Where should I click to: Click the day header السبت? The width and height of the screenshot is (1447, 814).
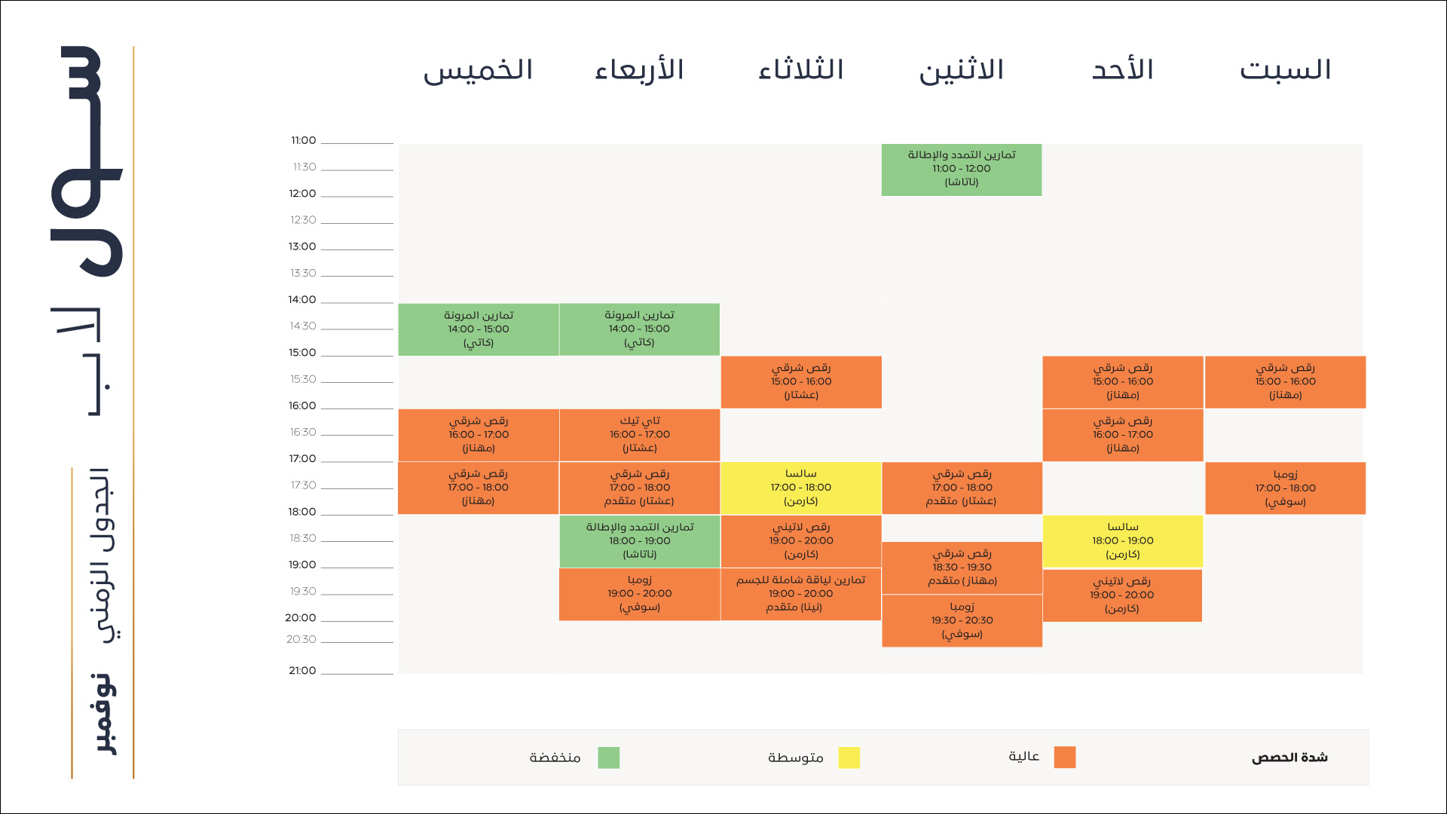pyautogui.click(x=1285, y=70)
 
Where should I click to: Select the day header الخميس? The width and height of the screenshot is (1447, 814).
pyautogui.click(x=478, y=70)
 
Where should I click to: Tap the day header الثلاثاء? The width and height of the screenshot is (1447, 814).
pyautogui.click(x=800, y=70)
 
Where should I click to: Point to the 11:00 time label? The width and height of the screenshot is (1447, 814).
pyautogui.click(x=303, y=140)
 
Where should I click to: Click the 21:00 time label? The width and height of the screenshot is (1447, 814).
pyautogui.click(x=302, y=670)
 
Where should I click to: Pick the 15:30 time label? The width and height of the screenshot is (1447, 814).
pyautogui.click(x=303, y=379)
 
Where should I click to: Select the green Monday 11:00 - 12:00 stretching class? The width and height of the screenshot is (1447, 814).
pyautogui.click(x=962, y=169)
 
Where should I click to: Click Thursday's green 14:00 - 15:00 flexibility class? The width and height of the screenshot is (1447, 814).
pyautogui.click(x=479, y=329)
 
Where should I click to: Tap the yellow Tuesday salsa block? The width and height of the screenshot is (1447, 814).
pyautogui.click(x=800, y=488)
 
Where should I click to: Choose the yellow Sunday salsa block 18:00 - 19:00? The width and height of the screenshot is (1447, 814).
pyautogui.click(x=1122, y=541)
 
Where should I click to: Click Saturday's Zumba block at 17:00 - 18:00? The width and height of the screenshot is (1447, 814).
pyautogui.click(x=1285, y=488)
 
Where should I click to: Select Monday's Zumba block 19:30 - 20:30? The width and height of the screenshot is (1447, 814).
pyautogui.click(x=962, y=620)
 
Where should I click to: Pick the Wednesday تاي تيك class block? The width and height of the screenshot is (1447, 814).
pyautogui.click(x=639, y=435)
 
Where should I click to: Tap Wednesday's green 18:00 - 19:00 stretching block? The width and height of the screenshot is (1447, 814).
pyautogui.click(x=639, y=541)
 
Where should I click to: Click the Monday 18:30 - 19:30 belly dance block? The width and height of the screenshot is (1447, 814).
pyautogui.click(x=962, y=568)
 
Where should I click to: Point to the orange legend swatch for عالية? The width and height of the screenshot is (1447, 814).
pyautogui.click(x=1064, y=757)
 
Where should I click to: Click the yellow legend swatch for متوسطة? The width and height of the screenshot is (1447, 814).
pyautogui.click(x=849, y=757)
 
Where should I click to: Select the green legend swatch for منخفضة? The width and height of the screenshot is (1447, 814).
pyautogui.click(x=608, y=757)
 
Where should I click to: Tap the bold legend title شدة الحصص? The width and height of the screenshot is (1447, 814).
pyautogui.click(x=1289, y=757)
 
